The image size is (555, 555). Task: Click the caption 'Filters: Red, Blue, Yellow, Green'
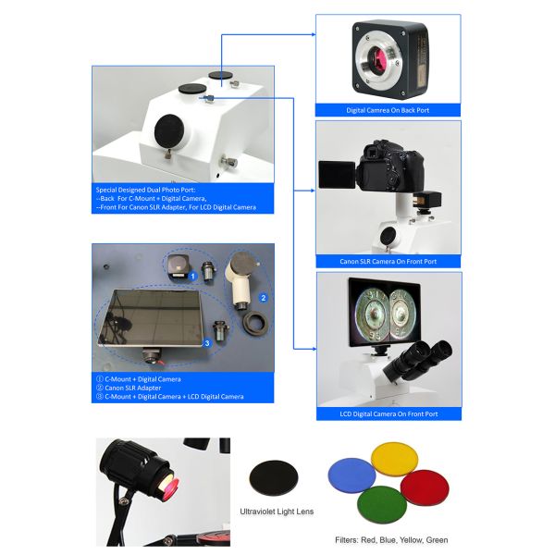click(x=390, y=539)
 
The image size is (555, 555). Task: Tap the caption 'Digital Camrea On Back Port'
click(x=388, y=110)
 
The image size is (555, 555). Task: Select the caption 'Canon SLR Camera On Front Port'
click(x=388, y=261)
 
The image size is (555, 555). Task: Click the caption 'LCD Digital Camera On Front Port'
click(x=388, y=413)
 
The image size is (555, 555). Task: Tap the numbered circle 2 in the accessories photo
click(x=263, y=298)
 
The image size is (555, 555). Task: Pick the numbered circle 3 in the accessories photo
click(x=206, y=341)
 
